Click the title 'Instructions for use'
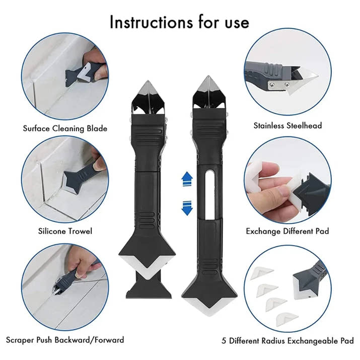179,22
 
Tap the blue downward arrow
187,206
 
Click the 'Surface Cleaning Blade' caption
65,128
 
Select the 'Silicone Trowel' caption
65,231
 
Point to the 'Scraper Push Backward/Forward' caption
64,340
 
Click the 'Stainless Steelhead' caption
287,125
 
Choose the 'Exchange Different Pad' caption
287,231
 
